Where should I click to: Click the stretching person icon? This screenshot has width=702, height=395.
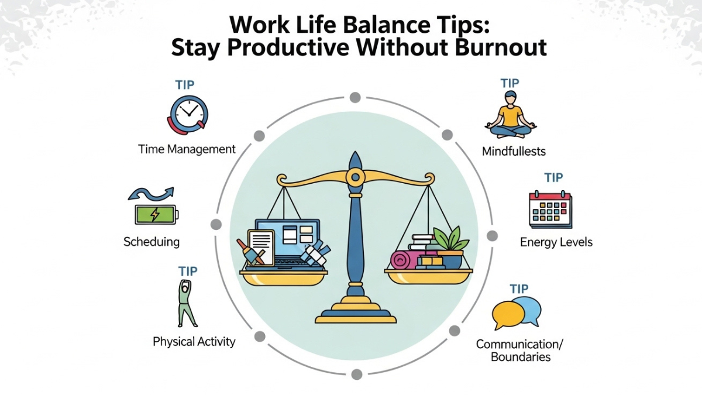(x=187, y=303)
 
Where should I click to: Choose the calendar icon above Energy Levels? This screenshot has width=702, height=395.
(x=550, y=209)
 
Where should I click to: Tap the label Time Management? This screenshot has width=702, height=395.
(x=187, y=149)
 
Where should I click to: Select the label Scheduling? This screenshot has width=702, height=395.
(x=152, y=241)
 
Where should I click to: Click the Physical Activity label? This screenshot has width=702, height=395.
(x=194, y=341)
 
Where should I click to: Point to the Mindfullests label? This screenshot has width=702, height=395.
(x=514, y=152)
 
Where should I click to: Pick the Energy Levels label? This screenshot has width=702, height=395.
(x=556, y=242)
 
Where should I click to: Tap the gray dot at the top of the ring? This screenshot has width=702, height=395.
(x=355, y=97)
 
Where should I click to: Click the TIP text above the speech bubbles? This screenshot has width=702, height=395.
(x=519, y=288)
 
